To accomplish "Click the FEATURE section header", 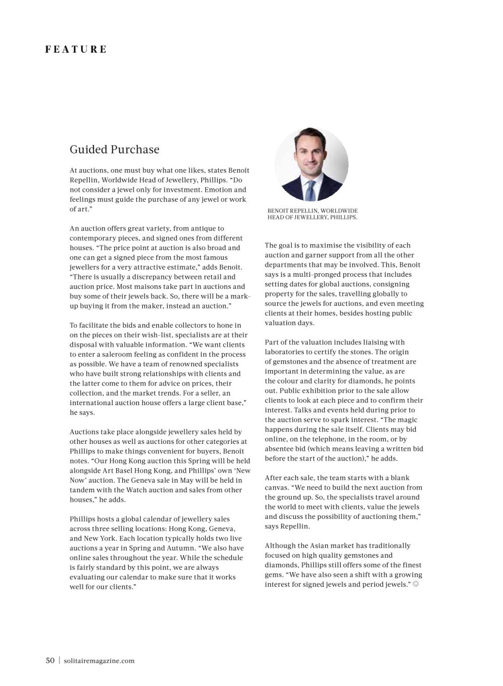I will click(x=76, y=49).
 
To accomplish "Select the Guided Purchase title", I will click(x=114, y=149).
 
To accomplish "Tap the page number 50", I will click(x=50, y=660).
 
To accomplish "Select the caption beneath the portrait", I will click(x=312, y=214).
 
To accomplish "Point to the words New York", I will click(x=100, y=538).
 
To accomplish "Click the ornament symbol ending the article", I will click(x=415, y=584).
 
